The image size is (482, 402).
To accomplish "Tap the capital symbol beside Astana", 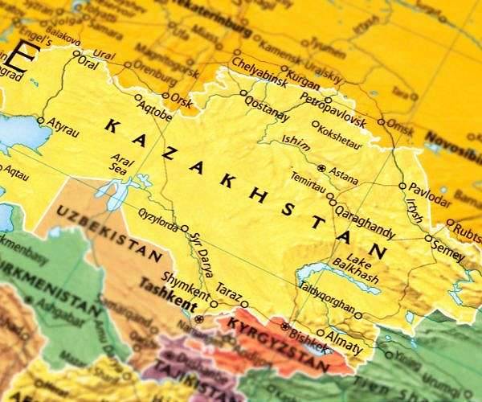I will coord(322,168).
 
